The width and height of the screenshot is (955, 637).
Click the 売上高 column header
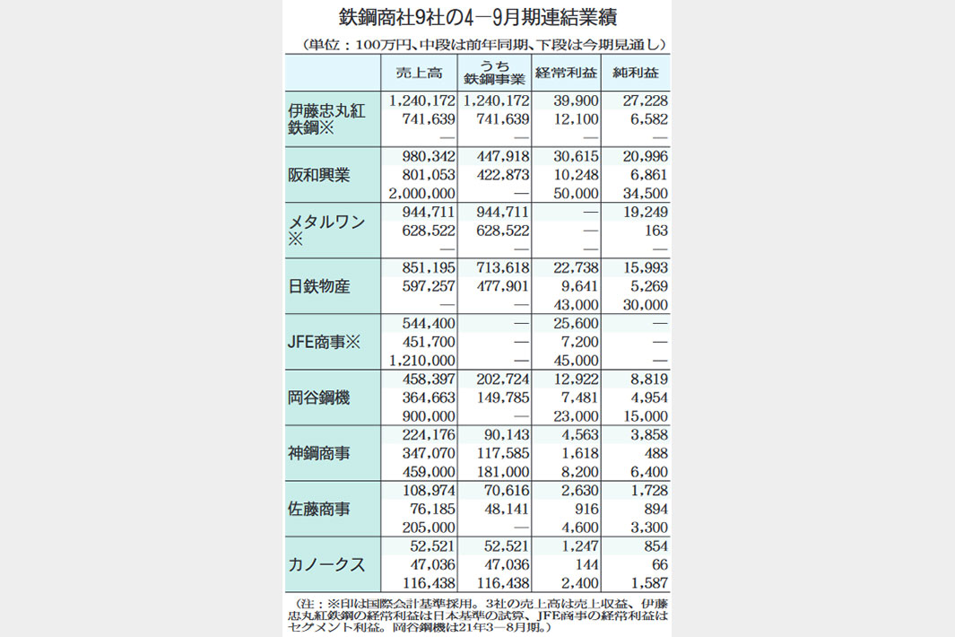point(419,73)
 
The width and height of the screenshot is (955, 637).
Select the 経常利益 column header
point(565,73)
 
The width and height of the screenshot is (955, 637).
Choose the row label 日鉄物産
point(318,286)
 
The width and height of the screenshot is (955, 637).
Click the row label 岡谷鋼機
point(318,397)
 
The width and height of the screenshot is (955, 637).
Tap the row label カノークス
point(326,564)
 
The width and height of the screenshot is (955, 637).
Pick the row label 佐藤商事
point(318,509)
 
